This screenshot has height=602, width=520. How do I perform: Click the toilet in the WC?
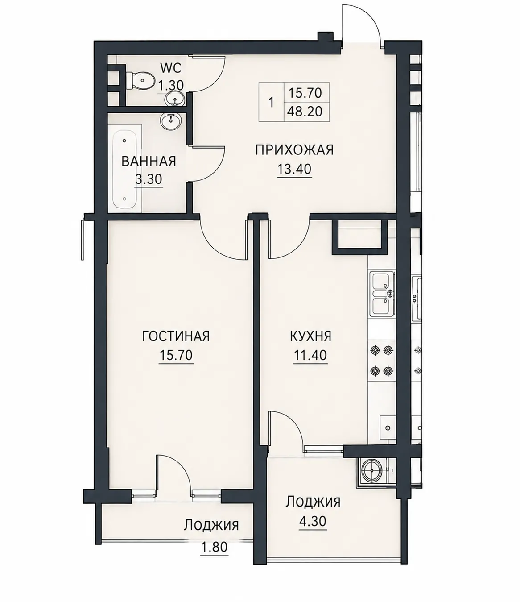[x=140, y=81]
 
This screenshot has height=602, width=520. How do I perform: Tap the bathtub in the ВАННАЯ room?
[x=124, y=170]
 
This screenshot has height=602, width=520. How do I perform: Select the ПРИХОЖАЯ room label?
[x=294, y=150]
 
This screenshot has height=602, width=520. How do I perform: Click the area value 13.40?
[x=294, y=169]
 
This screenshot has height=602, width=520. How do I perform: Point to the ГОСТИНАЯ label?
[x=176, y=336]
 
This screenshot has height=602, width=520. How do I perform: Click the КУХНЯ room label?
[x=310, y=336]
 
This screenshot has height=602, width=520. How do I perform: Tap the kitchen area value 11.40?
[x=310, y=355]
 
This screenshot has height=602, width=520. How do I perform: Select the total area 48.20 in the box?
[x=305, y=112]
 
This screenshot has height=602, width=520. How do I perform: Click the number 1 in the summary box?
[x=271, y=103]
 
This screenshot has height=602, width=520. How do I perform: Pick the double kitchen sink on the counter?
[x=382, y=294]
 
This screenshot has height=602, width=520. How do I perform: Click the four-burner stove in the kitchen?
[x=381, y=361]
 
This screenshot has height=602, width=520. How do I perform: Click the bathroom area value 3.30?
[x=149, y=179]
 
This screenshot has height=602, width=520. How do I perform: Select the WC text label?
[x=171, y=68]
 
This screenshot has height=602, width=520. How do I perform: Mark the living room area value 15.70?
[x=176, y=355]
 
